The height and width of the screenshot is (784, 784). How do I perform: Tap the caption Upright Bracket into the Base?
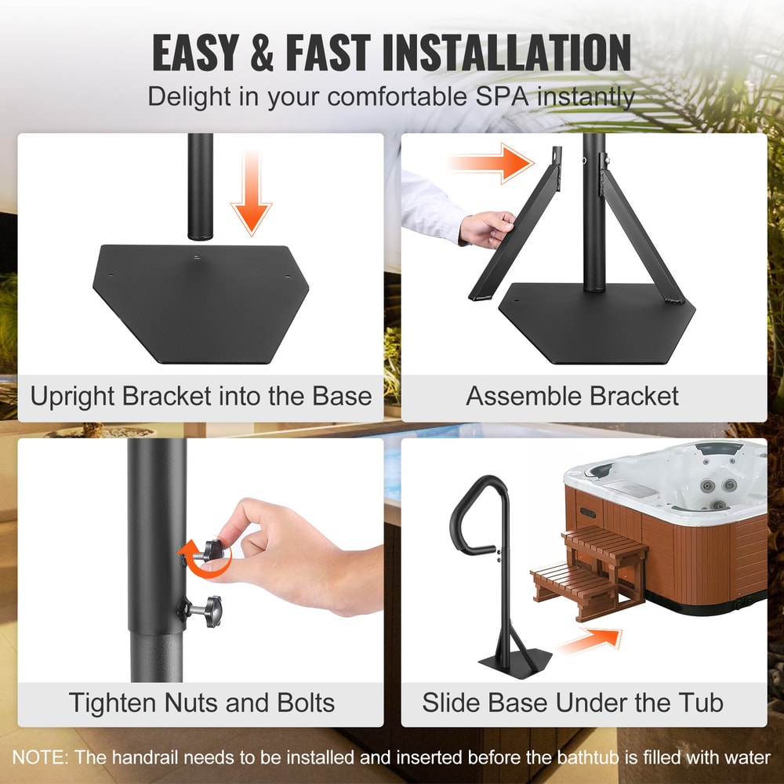click(201, 396)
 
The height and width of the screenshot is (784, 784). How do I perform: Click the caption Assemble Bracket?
click(572, 396)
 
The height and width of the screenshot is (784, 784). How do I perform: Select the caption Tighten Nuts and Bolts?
click(201, 702)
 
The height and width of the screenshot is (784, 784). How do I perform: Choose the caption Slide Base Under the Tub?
click(572, 702)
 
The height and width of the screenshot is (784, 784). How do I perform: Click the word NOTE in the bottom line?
click(39, 758)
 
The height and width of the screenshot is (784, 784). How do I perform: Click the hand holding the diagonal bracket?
click(488, 227)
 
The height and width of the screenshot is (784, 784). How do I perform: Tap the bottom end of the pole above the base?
click(201, 227)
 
